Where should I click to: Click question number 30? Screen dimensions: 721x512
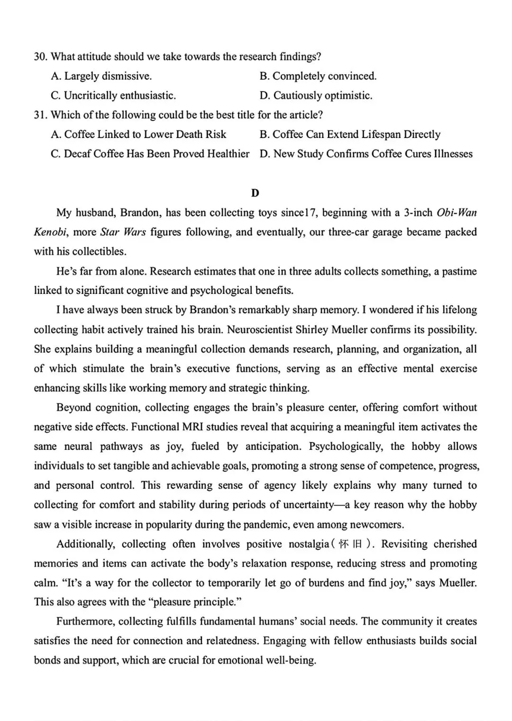click(40, 57)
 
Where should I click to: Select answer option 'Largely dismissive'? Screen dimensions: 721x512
click(101, 76)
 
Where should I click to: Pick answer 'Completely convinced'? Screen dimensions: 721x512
click(318, 76)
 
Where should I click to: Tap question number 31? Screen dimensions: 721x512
click(40, 115)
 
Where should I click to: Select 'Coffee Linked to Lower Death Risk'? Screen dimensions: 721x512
click(138, 135)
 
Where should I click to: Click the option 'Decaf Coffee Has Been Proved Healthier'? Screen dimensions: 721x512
click(150, 154)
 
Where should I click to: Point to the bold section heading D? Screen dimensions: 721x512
click(255, 193)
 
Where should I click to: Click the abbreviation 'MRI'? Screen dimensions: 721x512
click(193, 427)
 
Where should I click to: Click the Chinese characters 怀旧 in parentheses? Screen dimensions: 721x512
click(351, 544)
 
